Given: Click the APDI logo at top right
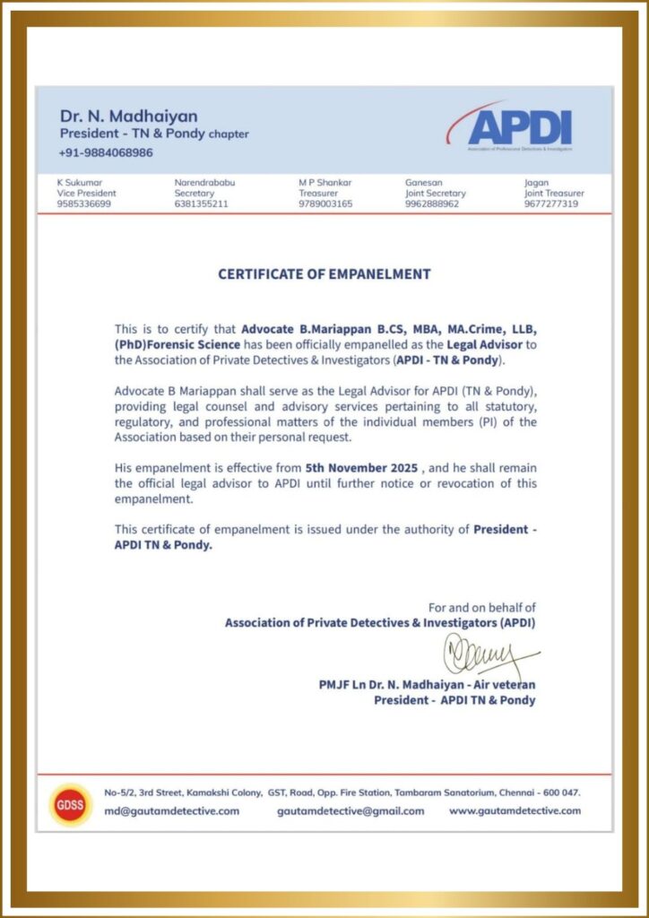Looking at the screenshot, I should click(x=519, y=128).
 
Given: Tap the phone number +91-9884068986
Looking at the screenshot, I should click(x=106, y=152).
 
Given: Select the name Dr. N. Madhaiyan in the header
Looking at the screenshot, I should click(x=129, y=116).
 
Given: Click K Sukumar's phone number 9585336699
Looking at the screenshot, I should click(x=84, y=204).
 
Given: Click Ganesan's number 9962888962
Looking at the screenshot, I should click(x=432, y=204).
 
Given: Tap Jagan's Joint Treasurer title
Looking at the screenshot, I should click(x=554, y=193).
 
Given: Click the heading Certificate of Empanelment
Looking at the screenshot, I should click(x=324, y=274).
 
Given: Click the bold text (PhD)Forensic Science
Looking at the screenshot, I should click(x=177, y=345).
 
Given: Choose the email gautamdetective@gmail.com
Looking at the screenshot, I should click(x=350, y=810).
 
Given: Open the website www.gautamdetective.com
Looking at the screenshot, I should click(x=515, y=810).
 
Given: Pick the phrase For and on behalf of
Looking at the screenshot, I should click(x=481, y=607).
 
